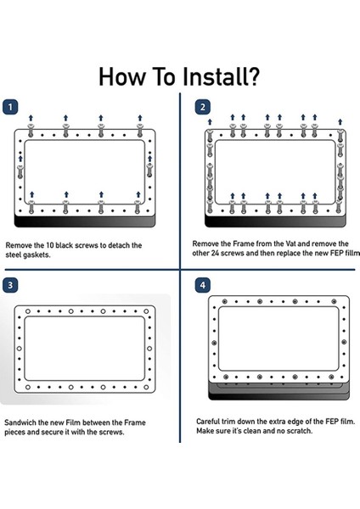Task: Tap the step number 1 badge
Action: [10, 107]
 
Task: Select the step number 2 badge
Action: [202, 107]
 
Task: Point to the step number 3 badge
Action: [10, 285]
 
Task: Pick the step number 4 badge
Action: [202, 285]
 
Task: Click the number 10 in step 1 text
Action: [48, 245]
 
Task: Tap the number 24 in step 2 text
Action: [215, 253]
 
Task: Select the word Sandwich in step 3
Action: [20, 422]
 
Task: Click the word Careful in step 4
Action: [208, 422]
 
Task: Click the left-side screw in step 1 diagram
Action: [20, 171]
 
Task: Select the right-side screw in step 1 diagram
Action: [149, 171]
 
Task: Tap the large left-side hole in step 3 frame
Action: [20, 349]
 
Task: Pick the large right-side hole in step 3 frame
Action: [149, 349]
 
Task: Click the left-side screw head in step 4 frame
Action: [214, 343]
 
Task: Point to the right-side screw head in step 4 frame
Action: [344, 342]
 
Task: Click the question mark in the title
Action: [251, 76]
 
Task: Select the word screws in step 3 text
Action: [110, 433]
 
